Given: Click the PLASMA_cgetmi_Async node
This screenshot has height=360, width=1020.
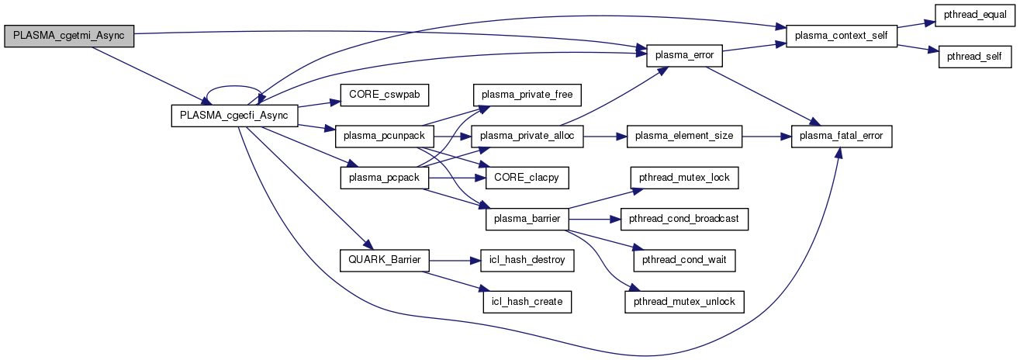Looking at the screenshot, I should pyautogui.click(x=69, y=36).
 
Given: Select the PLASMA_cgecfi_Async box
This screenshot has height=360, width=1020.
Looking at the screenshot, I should pyautogui.click(x=233, y=116).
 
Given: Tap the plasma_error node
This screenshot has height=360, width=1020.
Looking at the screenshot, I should pyautogui.click(x=685, y=56).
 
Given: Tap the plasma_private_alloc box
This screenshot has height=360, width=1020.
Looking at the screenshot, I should pyautogui.click(x=527, y=137).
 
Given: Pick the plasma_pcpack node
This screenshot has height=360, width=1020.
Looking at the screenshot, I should pyautogui.click(x=374, y=178).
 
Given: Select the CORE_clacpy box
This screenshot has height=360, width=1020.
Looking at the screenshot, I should pyautogui.click(x=527, y=178).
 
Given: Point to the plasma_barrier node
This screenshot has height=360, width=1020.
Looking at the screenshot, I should pyautogui.click(x=527, y=219).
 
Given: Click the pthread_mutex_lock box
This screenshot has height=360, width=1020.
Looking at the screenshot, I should pyautogui.click(x=683, y=178).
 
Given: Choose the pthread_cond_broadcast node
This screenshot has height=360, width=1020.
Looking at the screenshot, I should pyautogui.click(x=684, y=219).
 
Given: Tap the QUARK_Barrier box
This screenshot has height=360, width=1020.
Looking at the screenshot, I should pyautogui.click(x=384, y=260).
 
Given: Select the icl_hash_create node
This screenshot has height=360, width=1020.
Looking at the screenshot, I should pyautogui.click(x=527, y=300).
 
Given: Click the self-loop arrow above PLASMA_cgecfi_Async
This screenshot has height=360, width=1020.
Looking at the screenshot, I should pyautogui.click(x=233, y=88).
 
